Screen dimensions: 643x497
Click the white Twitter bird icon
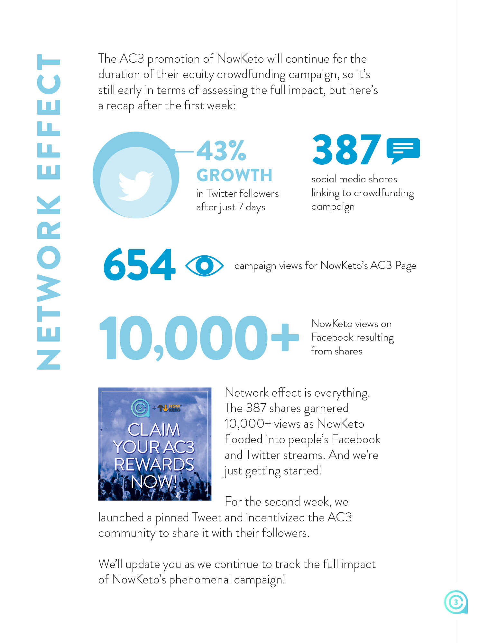[x=135, y=186]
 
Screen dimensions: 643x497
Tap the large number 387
[x=346, y=150]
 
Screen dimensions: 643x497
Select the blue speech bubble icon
[x=403, y=150]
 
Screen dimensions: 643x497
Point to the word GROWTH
[x=235, y=175]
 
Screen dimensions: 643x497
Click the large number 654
[x=140, y=265]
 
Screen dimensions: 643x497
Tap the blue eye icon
[x=204, y=265]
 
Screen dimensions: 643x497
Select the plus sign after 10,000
[x=285, y=337]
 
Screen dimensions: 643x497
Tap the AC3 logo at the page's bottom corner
[x=456, y=602]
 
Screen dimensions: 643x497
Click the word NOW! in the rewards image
[x=154, y=482]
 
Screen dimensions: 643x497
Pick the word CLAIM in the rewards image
[x=154, y=430]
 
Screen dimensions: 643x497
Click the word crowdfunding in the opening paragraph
[x=251, y=75]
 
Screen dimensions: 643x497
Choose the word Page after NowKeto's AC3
[x=405, y=266]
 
